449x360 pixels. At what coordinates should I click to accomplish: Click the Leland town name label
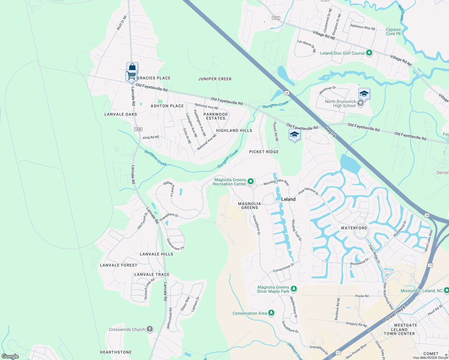(x=288, y=199)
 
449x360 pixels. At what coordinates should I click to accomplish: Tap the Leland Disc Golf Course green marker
(x=369, y=53)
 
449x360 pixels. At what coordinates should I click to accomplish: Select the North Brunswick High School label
(x=340, y=103)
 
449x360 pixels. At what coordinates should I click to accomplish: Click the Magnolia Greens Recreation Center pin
(x=251, y=181)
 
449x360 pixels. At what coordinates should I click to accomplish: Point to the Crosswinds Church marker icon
(x=149, y=329)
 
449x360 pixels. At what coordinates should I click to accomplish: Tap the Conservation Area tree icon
(x=271, y=313)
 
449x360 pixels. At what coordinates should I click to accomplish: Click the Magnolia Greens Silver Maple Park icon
(x=294, y=289)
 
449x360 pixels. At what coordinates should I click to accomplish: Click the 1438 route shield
(x=138, y=129)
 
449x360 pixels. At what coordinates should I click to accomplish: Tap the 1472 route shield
(x=276, y=18)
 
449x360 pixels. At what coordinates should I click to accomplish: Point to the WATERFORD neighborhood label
(x=354, y=228)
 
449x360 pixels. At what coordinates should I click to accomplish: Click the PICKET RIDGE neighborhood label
(x=264, y=152)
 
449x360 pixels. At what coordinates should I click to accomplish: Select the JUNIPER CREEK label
(x=215, y=79)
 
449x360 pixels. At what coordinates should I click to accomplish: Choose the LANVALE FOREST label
(x=119, y=265)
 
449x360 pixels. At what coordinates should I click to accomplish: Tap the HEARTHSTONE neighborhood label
(x=116, y=352)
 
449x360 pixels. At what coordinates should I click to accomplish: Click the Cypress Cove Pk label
(x=393, y=31)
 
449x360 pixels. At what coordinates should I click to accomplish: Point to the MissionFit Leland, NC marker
(x=446, y=290)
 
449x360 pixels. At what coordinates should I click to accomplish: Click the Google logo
(x=10, y=356)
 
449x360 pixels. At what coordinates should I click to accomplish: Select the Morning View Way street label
(x=276, y=182)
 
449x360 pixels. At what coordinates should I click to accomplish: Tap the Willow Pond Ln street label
(x=169, y=188)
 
